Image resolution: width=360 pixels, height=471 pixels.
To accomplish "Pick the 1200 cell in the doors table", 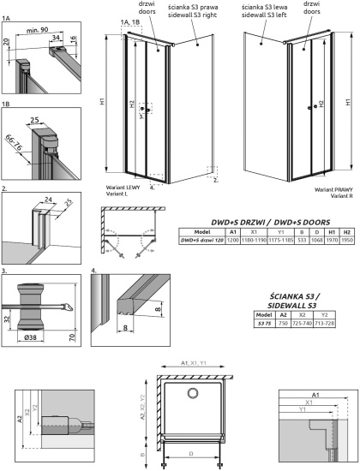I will click(233, 241).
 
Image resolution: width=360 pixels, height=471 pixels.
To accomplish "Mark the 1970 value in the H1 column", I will click(332, 241).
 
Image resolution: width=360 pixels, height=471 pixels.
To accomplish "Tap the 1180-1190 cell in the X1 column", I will click(254, 241).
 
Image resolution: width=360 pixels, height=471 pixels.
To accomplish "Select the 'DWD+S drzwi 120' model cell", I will click(202, 241).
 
